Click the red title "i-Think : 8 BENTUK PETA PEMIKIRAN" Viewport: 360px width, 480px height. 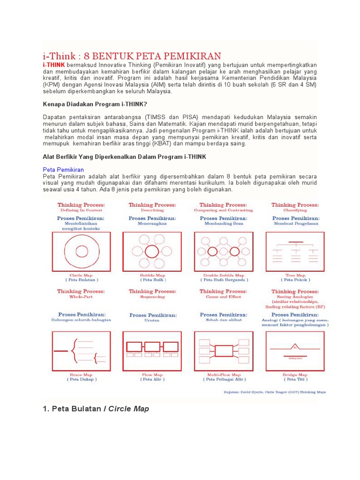click(132, 55)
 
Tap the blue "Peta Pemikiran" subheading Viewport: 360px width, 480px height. click(63, 169)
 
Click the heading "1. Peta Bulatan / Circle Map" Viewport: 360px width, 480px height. click(96, 409)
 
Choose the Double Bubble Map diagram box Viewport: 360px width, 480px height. click(224, 252)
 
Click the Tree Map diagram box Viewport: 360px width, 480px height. click(295, 252)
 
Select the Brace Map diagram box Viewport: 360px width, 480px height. click(81, 351)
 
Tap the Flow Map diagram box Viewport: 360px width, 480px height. click(152, 351)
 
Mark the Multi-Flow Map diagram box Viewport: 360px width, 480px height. click(224, 351)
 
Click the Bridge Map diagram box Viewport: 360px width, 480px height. click(295, 351)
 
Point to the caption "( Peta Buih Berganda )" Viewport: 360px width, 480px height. click(224, 280)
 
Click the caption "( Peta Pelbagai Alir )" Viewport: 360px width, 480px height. click(224, 379)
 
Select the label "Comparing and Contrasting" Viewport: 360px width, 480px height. click(224, 210)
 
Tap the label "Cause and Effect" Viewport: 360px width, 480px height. click(224, 297)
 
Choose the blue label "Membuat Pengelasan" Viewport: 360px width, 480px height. click(296, 224)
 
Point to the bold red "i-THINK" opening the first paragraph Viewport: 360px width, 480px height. click(53, 64)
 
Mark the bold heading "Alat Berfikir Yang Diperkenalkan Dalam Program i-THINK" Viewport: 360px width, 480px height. click(124, 156)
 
